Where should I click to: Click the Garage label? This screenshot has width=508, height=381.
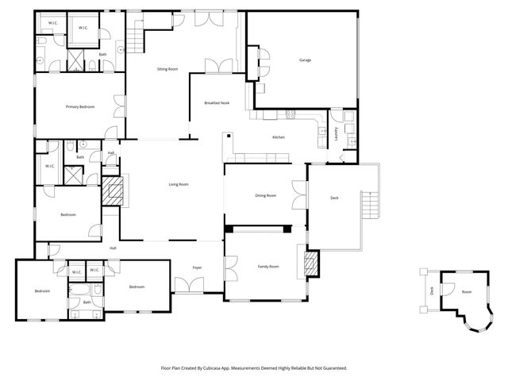(x=304, y=60)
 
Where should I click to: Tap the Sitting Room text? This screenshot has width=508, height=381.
(x=167, y=70)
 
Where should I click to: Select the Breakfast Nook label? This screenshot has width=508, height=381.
(x=217, y=103)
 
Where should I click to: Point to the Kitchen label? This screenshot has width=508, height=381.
(x=279, y=137)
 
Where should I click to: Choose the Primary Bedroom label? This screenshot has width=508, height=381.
(x=80, y=106)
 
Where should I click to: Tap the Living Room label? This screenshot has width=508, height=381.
(x=179, y=184)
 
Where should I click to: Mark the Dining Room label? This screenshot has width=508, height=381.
(x=265, y=195)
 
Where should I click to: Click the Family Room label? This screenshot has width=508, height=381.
(x=268, y=267)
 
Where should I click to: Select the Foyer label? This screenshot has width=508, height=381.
(x=197, y=267)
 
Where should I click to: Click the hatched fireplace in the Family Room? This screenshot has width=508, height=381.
(x=312, y=262)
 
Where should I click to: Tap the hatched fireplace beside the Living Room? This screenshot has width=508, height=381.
(x=111, y=191)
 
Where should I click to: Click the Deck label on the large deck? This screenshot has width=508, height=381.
(x=334, y=198)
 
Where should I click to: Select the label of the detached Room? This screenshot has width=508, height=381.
(x=467, y=292)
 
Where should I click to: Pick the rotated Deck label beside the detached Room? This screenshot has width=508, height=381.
(x=432, y=291)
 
